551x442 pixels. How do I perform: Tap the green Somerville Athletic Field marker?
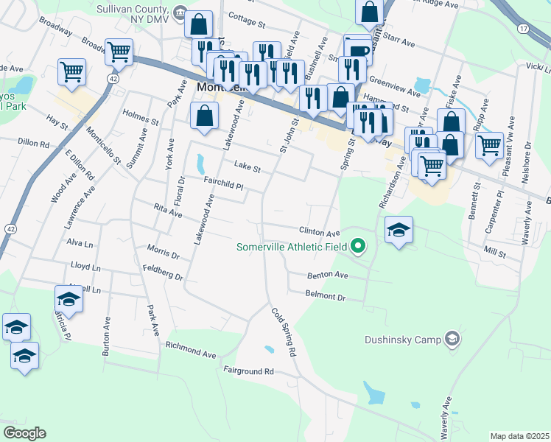pyautogui.click(x=358, y=246)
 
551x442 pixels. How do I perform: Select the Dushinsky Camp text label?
pyautogui.click(x=402, y=340)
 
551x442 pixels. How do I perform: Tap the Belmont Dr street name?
pyautogui.click(x=325, y=295)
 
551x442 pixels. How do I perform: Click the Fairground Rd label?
pyautogui.click(x=248, y=371)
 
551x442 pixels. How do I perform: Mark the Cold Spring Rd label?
pyautogui.click(x=282, y=333)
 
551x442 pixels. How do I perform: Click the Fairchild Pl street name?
pyautogui.click(x=223, y=180)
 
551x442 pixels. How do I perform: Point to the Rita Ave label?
pyautogui.click(x=167, y=212)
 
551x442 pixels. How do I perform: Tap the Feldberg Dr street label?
pyautogui.click(x=164, y=273)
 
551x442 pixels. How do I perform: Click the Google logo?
pyautogui.click(x=25, y=433)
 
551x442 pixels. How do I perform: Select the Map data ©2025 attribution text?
pyautogui.click(x=519, y=436)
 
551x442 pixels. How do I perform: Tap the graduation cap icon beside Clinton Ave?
pyautogui.click(x=399, y=230)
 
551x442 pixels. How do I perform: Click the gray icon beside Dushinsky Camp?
pyautogui.click(x=452, y=340)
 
